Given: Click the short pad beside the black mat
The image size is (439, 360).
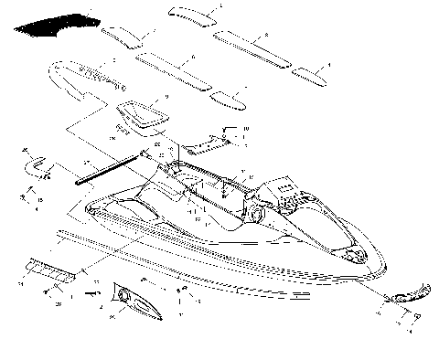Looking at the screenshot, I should [x=123, y=36].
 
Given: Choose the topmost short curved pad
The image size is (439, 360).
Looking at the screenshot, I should [x=195, y=15].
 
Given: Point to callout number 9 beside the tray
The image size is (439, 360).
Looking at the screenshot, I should [x=166, y=96].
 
